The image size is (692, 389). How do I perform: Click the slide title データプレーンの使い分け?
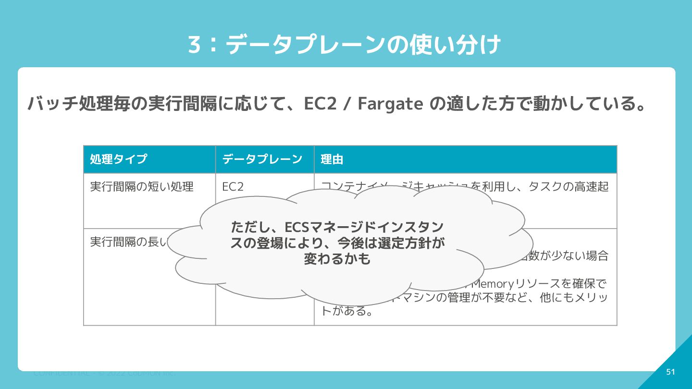coord(363,45)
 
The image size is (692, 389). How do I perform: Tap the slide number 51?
coord(670,372)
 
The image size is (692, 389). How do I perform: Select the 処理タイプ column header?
coord(119,159)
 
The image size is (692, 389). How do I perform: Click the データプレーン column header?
coord(262,159)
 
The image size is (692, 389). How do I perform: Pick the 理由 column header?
coord(332,159)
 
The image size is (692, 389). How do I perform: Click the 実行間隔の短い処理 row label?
coord(142,187)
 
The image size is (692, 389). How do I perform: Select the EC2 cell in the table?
coord(233,187)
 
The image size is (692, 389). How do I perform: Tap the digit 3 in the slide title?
coord(194,45)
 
